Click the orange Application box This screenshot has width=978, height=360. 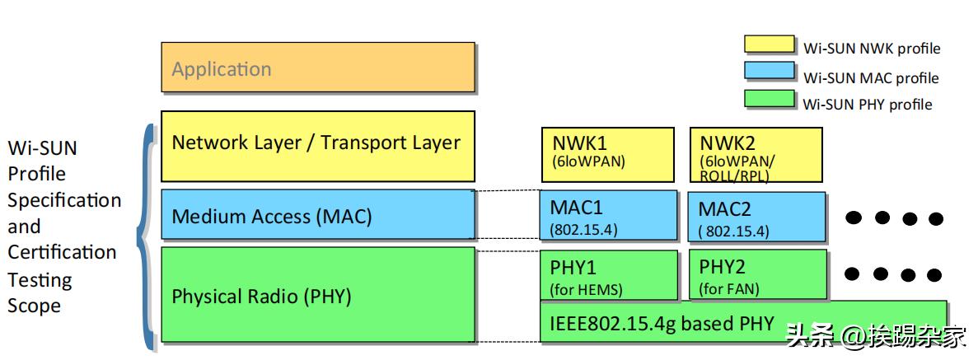317,68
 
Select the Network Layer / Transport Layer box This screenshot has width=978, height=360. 317,146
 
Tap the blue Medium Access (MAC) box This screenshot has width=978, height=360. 317,216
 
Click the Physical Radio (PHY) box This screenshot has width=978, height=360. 317,295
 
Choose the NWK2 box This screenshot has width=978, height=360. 756,154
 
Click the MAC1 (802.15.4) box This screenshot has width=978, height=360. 608,216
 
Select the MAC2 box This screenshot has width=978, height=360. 756,217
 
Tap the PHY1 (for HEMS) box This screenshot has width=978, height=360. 608,275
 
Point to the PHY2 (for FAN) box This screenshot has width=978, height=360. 756,275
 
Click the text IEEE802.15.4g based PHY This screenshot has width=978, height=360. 662,323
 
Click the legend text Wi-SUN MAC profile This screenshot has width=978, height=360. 871,78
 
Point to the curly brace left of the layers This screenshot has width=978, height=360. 146,235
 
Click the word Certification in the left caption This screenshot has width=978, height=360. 62,253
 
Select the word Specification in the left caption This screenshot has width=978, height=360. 64,200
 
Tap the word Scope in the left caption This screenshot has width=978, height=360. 34,306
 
